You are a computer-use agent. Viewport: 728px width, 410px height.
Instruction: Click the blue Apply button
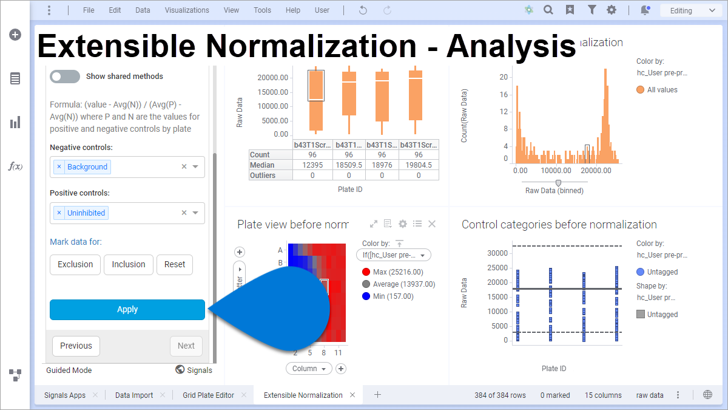click(127, 309)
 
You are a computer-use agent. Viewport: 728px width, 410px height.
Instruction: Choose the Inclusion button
click(128, 264)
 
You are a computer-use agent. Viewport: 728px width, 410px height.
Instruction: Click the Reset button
click(175, 264)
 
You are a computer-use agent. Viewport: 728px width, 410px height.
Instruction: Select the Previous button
click(76, 346)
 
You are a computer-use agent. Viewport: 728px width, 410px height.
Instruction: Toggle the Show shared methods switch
click(65, 77)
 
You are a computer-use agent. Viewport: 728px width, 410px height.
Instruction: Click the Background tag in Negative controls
click(87, 167)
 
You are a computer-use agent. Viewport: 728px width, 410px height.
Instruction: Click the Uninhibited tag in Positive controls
click(86, 213)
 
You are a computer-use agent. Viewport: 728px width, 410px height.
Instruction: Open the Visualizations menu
click(187, 10)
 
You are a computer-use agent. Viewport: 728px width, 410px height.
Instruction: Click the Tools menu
click(262, 10)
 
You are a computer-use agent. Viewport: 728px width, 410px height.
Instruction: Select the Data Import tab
click(134, 395)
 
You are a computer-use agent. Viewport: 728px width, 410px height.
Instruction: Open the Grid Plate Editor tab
click(208, 395)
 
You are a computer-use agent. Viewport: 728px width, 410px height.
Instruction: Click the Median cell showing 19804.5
click(419, 165)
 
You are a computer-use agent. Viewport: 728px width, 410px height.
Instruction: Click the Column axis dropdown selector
click(308, 369)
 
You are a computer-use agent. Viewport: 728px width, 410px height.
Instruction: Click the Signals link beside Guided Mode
click(194, 370)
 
